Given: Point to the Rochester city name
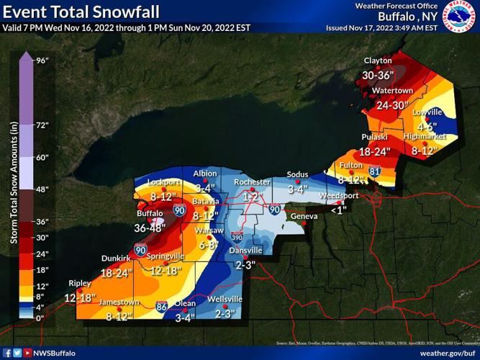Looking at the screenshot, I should pyautogui.click(x=251, y=183).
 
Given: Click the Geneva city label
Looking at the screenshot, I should pyautogui.click(x=304, y=216).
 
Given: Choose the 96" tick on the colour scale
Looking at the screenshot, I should pyautogui.click(x=42, y=60).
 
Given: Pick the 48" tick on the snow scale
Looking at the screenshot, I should pyautogui.click(x=42, y=189).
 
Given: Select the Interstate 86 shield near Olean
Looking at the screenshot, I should pyautogui.click(x=163, y=306).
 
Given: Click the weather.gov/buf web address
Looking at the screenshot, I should pyautogui.click(x=447, y=353).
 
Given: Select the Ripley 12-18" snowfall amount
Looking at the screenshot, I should pyautogui.click(x=79, y=297).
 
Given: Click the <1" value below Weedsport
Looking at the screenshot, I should pyautogui.click(x=338, y=210).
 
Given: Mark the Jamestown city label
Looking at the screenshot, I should pyautogui.click(x=119, y=302).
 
